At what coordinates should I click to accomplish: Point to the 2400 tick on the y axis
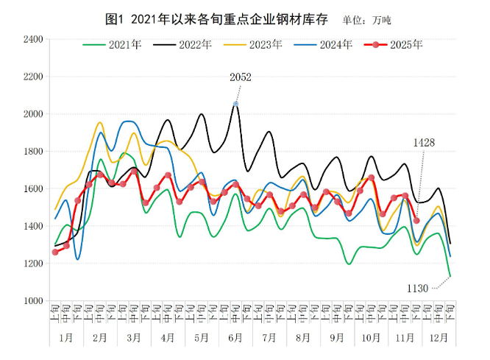[33, 39]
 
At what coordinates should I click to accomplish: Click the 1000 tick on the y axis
[33, 301]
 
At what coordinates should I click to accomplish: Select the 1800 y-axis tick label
[33, 152]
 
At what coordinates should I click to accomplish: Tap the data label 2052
[241, 77]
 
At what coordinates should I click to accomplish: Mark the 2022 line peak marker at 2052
[235, 104]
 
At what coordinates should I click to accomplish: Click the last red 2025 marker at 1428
[416, 220]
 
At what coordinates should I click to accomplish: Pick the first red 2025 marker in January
[55, 252]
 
